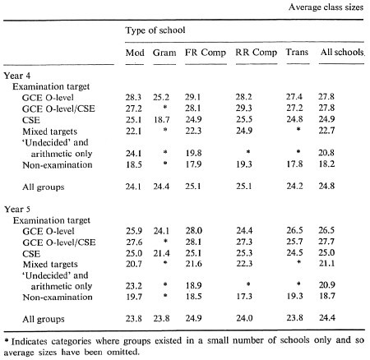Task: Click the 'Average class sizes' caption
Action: pos(326,7)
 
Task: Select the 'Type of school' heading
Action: pos(155,30)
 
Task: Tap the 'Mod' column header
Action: pos(135,53)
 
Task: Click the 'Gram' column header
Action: pos(164,53)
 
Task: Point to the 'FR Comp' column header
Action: pos(206,53)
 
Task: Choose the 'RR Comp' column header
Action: pos(257,53)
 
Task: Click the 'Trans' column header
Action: pos(297,52)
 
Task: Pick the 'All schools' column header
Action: pos(342,52)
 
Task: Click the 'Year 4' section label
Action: pos(17,76)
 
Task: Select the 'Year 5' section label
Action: pos(17,210)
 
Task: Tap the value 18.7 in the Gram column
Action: pos(161,120)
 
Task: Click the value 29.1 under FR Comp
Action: pos(192,97)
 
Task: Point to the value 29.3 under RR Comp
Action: pos(244,108)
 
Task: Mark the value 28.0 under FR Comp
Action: pos(193,231)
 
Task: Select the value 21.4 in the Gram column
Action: pos(161,253)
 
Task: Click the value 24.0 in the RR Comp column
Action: pos(244,318)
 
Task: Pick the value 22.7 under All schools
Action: pos(326,131)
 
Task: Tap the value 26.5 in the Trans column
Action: pos(295,230)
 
